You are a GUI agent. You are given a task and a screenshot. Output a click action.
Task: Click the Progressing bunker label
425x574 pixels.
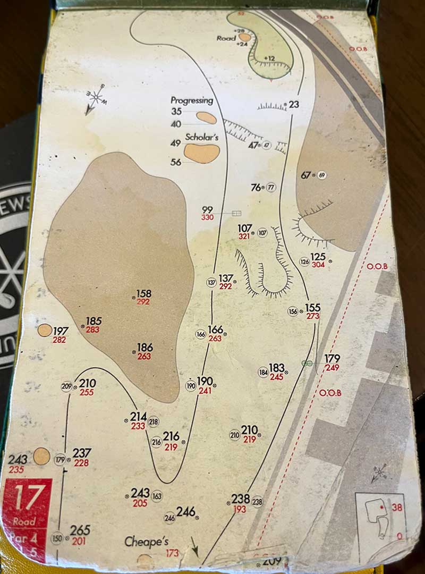[x=192, y=100]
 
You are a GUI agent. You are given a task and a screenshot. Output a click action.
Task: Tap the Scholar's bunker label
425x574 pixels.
[x=202, y=137]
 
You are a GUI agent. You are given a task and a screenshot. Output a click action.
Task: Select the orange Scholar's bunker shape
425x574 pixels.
[x=202, y=153]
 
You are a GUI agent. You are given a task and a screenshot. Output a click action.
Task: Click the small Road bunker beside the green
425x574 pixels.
[x=244, y=37]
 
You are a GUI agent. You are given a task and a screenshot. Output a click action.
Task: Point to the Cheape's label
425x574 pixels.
[x=146, y=542]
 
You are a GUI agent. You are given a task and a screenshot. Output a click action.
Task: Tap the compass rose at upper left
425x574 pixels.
[x=96, y=98]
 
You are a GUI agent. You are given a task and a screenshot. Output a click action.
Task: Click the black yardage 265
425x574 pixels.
[x=80, y=530]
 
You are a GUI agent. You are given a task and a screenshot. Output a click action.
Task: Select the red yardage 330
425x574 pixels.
[x=207, y=217]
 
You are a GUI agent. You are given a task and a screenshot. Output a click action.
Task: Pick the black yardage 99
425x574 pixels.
[x=207, y=210]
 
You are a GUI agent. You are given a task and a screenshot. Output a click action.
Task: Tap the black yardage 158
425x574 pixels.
[x=144, y=293]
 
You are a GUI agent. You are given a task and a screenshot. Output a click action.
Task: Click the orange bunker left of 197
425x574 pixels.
[x=45, y=330]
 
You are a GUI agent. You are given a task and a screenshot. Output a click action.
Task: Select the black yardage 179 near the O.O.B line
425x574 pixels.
[x=332, y=359]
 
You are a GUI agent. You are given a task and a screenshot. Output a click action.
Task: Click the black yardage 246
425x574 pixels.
[x=186, y=511]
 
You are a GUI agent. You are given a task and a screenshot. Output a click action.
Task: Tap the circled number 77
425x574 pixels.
[x=271, y=188]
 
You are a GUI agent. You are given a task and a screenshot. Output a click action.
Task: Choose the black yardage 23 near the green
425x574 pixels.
[x=294, y=104]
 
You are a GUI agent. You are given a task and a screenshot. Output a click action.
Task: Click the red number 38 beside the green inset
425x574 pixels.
[x=396, y=508]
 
